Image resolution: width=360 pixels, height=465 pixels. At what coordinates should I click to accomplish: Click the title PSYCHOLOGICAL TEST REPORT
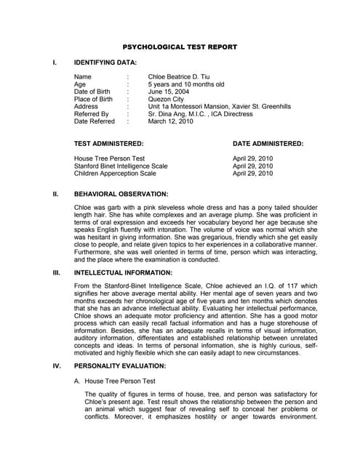(179, 46)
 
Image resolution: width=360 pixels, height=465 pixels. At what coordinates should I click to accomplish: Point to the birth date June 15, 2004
(169, 92)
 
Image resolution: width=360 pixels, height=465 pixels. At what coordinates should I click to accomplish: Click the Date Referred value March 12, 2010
(171, 122)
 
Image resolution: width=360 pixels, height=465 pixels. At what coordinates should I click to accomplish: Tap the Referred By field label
(92, 115)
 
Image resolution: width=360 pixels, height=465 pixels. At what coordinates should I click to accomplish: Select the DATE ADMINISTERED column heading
(268, 144)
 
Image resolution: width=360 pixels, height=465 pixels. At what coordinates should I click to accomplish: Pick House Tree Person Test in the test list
(109, 158)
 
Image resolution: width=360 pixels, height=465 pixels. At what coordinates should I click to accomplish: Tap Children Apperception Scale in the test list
(115, 174)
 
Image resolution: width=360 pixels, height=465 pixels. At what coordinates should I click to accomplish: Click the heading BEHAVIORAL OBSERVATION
(121, 195)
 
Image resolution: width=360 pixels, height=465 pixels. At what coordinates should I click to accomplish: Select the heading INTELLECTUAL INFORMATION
(124, 272)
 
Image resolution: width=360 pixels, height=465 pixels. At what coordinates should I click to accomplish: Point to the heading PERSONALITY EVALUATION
(120, 365)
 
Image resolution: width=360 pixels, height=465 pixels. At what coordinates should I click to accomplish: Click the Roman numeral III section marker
(55, 272)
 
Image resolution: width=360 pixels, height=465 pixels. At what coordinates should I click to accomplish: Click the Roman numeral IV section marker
(56, 365)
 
